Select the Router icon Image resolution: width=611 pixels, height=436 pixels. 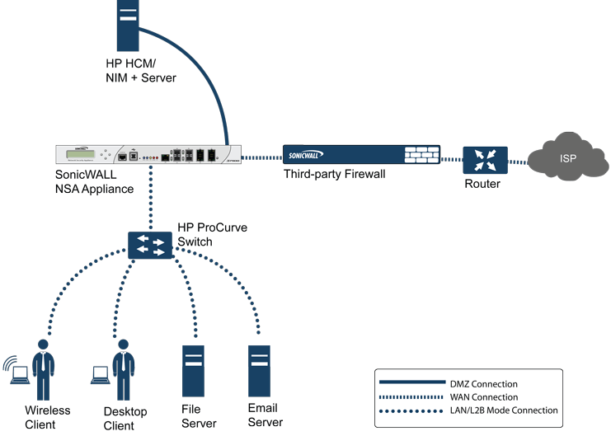[x=484, y=160]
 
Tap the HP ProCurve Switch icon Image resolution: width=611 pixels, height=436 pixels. [x=150, y=245]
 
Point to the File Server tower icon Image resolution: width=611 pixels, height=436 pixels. [x=194, y=372]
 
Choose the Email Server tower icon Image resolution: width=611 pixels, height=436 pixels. [x=261, y=372]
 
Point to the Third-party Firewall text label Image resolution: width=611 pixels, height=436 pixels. [x=334, y=175]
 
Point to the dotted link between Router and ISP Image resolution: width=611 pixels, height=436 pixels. [x=519, y=160]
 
